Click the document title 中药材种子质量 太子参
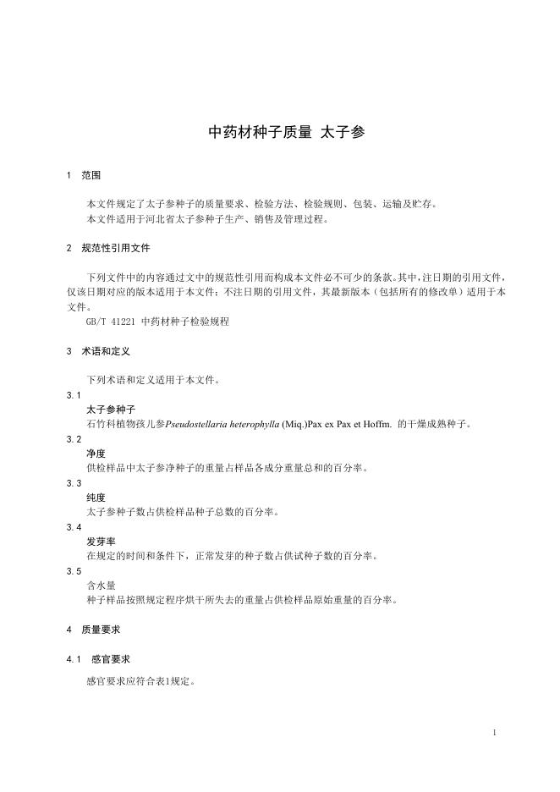[287, 132]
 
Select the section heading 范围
[91, 176]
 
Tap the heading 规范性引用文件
[116, 249]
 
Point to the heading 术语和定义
[106, 351]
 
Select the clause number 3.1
[74, 395]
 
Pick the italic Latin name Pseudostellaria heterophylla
[224, 424]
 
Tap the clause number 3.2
[74, 439]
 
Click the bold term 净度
[96, 454]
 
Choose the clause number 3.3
[74, 482]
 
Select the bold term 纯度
[96, 498]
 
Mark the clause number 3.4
[74, 526]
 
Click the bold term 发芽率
[101, 542]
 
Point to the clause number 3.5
[74, 570]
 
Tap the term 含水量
[101, 585]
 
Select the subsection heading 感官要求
[110, 658]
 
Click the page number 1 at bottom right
[494, 732]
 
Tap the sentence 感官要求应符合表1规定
[141, 679]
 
